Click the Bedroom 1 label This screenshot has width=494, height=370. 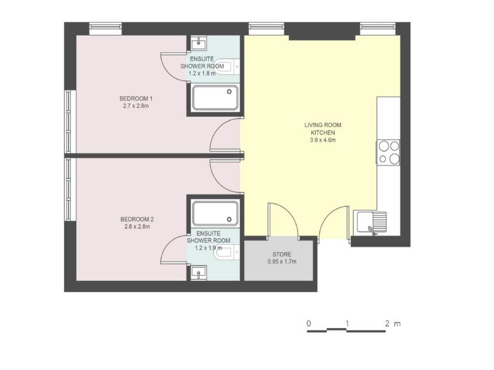point(136,98)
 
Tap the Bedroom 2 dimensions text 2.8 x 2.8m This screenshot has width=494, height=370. point(137,226)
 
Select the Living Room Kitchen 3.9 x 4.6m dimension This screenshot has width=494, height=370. point(323,140)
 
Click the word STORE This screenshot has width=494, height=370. point(282,254)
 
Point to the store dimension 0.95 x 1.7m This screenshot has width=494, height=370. point(282,262)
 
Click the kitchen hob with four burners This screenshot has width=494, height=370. point(389,152)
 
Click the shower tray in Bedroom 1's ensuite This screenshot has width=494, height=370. point(216,97)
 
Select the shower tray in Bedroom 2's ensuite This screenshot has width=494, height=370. point(216,213)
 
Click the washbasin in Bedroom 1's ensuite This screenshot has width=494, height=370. point(199,42)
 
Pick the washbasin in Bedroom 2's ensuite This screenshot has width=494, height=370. point(199,273)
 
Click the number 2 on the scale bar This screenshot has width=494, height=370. point(387,323)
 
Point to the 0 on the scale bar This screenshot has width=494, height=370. point(309,323)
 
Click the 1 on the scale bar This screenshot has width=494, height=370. point(347,323)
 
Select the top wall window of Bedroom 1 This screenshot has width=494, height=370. point(105,28)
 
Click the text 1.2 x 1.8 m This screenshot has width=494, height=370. point(202,73)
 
